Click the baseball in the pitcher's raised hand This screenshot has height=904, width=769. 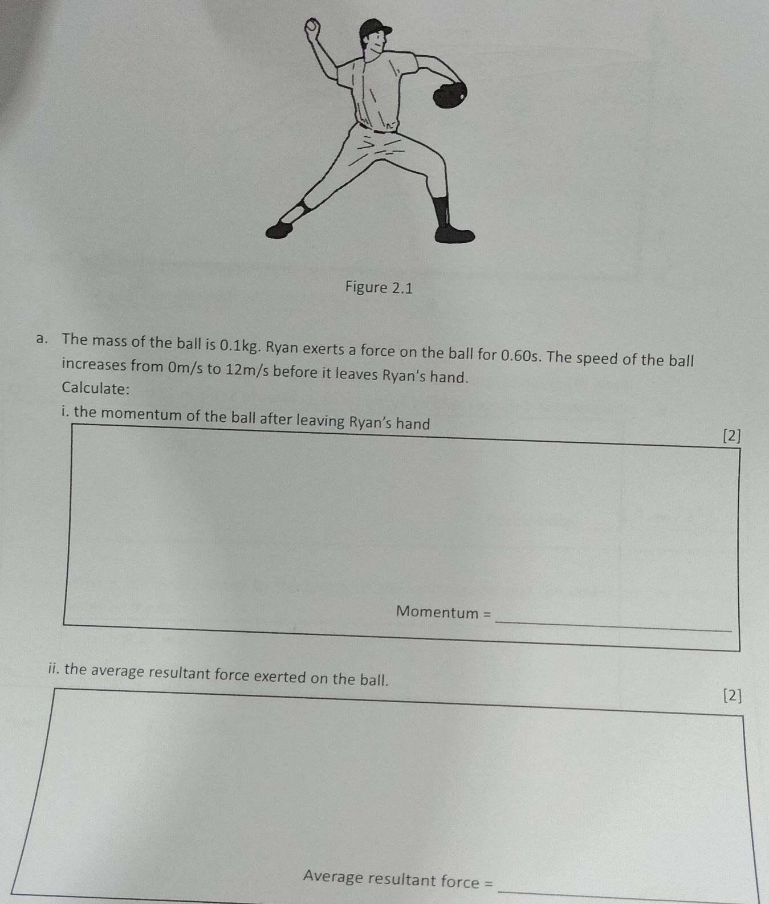tap(311, 26)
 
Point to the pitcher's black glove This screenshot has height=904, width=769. tap(450, 94)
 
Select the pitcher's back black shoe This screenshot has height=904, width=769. tap(279, 229)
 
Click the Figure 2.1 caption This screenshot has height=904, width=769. tap(379, 288)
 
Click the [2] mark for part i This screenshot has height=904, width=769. tap(731, 436)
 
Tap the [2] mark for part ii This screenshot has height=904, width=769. tap(732, 695)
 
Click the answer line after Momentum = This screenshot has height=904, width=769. tap(613, 625)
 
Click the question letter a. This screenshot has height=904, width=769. tap(40, 340)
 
